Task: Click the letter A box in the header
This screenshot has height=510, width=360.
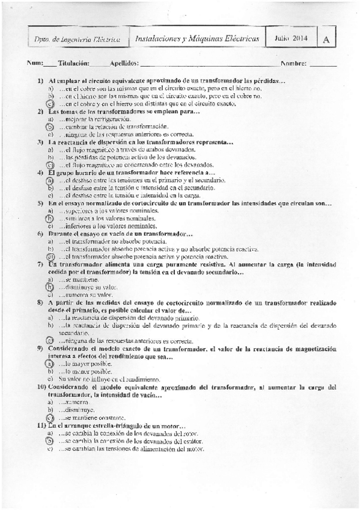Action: (x=326, y=39)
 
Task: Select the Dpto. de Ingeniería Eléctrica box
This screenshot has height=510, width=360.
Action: (x=78, y=40)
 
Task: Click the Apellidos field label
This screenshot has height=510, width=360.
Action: (x=125, y=63)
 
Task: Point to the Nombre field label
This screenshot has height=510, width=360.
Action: (x=293, y=63)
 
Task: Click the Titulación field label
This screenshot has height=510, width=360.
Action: (x=74, y=63)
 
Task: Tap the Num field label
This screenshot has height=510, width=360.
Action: (x=34, y=63)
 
